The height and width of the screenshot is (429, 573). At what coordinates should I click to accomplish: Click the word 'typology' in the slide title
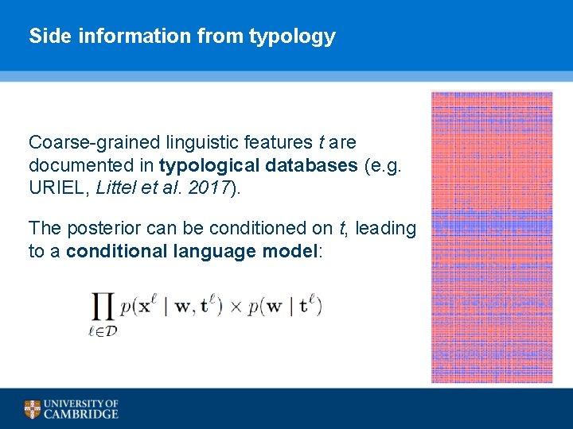pos(292,37)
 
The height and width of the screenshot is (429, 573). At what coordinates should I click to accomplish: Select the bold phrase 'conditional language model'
pos(192,252)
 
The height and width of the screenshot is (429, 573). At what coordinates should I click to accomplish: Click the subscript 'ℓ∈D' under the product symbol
pos(102,331)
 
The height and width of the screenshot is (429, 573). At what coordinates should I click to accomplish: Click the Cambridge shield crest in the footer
pos(33,409)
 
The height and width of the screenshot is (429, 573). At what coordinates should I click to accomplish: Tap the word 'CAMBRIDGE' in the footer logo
pos(81,414)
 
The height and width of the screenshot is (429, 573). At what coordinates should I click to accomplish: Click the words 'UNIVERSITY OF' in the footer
pos(81,404)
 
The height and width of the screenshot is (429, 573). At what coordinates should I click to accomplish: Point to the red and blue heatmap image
pos(491,237)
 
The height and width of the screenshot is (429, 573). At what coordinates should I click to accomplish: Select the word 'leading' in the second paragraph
pos(386,229)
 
